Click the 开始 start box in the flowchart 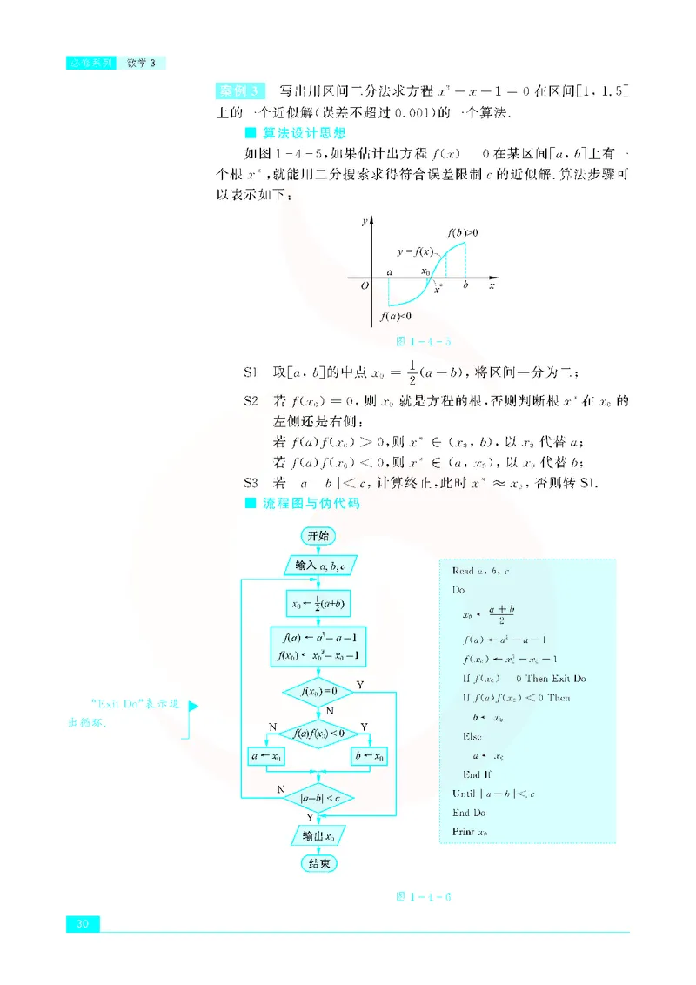[x=318, y=536]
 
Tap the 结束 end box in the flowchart [x=318, y=863]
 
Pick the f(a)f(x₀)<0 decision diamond [x=318, y=734]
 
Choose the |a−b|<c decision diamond [x=318, y=797]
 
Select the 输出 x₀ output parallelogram [x=318, y=836]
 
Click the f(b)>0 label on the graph [x=462, y=233]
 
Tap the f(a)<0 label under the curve [x=396, y=317]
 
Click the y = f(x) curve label [x=415, y=252]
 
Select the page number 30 [x=84, y=923]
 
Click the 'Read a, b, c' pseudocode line [x=480, y=571]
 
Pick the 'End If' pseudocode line [x=478, y=774]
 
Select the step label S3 [x=251, y=483]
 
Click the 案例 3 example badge [x=238, y=90]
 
